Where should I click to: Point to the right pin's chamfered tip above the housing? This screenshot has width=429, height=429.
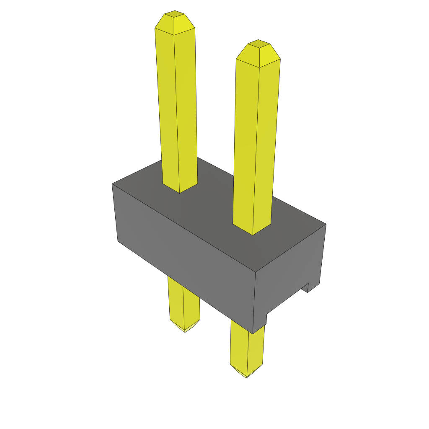(x=258, y=54)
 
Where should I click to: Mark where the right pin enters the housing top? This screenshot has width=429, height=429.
(x=252, y=230)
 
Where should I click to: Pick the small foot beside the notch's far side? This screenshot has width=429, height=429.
(x=314, y=287)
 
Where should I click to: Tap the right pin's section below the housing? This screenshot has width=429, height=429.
(x=247, y=348)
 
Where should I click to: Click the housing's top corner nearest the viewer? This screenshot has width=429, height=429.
(x=256, y=272)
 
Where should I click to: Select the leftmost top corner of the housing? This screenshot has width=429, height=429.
(x=112, y=184)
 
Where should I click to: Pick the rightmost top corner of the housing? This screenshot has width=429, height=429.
(x=326, y=224)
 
